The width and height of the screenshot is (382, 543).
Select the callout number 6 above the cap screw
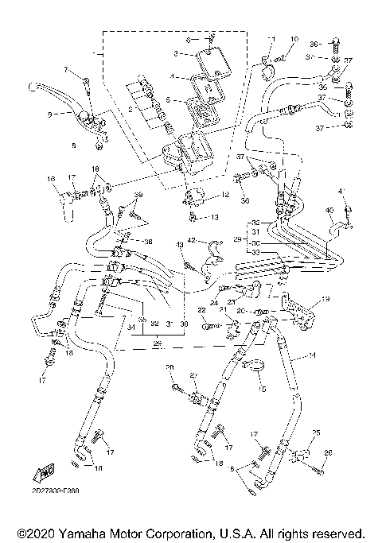tap(189, 38)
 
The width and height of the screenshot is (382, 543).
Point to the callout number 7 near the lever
tap(67, 71)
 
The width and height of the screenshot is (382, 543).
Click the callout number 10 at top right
tap(294, 39)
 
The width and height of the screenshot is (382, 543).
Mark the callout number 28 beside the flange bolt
tap(169, 367)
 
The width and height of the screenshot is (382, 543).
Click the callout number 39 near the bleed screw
tap(138, 195)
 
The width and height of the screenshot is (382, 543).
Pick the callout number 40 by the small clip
tap(328, 211)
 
